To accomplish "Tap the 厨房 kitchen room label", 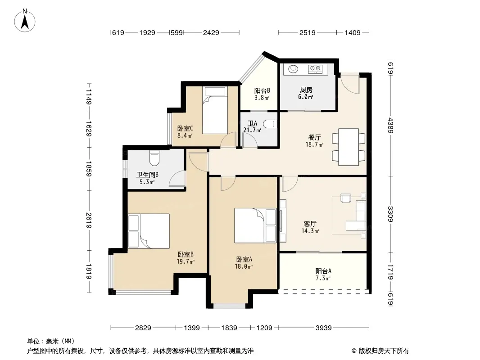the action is [306, 90].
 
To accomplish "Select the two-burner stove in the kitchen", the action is [315, 69].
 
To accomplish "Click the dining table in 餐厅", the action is [349, 147].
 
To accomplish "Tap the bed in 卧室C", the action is [215, 110].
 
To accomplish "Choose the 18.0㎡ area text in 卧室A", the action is [243, 266].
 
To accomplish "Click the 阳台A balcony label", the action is [323, 271].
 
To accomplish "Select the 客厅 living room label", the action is [310, 224].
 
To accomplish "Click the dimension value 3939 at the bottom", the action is [324, 328].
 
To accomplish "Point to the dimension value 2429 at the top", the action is [211, 32].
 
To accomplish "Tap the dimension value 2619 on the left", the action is [89, 220].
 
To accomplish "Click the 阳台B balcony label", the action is [262, 90].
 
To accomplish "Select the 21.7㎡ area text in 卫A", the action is [252, 130].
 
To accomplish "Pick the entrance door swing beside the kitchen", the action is [349, 83].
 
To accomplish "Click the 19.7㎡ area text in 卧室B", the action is [186, 261].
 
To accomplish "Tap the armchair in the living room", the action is [346, 198].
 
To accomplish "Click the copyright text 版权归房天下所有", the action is [384, 351].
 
